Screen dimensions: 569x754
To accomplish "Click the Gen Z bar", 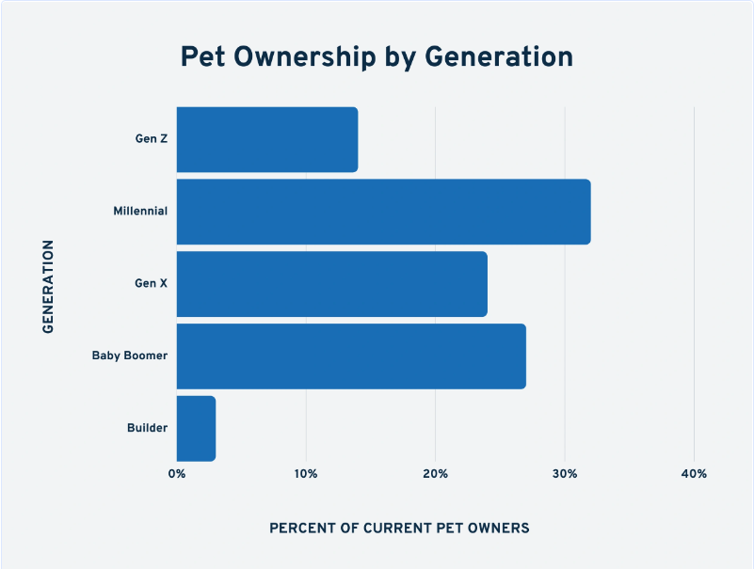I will (x=267, y=140).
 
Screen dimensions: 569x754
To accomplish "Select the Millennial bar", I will (x=383, y=212).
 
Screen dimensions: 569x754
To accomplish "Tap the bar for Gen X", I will (x=331, y=284).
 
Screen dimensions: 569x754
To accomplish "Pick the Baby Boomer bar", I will (x=351, y=356).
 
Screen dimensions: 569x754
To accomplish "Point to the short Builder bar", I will (x=196, y=429).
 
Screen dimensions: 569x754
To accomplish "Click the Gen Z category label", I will (x=151, y=139).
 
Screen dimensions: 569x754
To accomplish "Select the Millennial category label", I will (x=139, y=212).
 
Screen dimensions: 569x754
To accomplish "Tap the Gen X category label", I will (x=151, y=284).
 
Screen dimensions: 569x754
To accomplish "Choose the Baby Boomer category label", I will (x=129, y=356).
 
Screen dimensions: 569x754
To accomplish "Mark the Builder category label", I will (x=147, y=429).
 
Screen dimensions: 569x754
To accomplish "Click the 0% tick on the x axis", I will (x=177, y=474).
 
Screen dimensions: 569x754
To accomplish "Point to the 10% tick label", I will (x=306, y=474).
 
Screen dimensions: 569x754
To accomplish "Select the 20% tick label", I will (x=435, y=474).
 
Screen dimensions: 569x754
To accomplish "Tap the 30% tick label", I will (x=565, y=474).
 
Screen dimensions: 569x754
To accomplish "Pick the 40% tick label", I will (x=694, y=474).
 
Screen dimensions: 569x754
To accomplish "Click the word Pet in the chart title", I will (x=203, y=57).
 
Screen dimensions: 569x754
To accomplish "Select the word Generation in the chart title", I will (x=499, y=57).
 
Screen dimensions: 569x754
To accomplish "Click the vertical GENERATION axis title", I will (x=48, y=285).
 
